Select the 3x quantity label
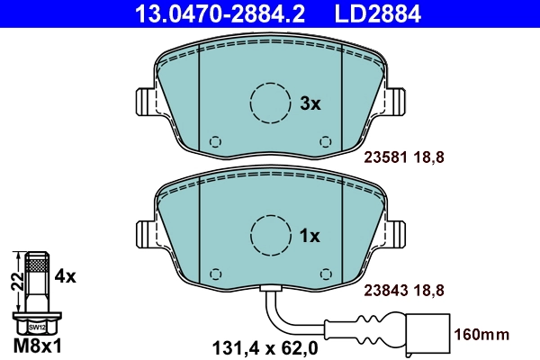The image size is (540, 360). (310, 103)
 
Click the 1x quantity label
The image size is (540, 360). (310, 236)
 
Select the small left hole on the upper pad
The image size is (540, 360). (214, 141)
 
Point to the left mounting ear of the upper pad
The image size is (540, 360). (142, 101)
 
